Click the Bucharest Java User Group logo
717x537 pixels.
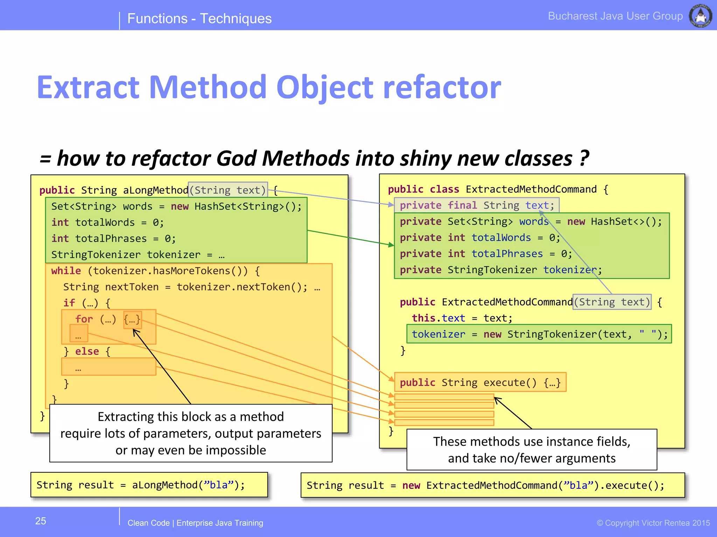pyautogui.click(x=700, y=16)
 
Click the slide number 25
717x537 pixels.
pyautogui.click(x=41, y=521)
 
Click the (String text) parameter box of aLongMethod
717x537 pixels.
pyautogui.click(x=228, y=190)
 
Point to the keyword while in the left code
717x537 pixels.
pyautogui.click(x=66, y=271)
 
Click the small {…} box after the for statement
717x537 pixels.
pyautogui.click(x=132, y=320)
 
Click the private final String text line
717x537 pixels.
pyautogui.click(x=476, y=205)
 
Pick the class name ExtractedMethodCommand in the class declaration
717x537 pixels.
pyautogui.click(x=531, y=189)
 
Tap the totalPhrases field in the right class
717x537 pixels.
pyautogui.click(x=507, y=254)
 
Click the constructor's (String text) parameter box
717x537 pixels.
pyautogui.click(x=612, y=302)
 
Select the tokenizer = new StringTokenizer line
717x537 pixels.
pyautogui.click(x=539, y=334)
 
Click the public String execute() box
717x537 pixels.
pyautogui.click(x=480, y=382)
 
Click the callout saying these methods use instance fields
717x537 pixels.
pyautogui.click(x=531, y=450)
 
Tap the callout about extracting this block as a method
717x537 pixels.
pyautogui.click(x=190, y=433)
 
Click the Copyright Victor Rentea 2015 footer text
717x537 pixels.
pyautogui.click(x=653, y=523)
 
